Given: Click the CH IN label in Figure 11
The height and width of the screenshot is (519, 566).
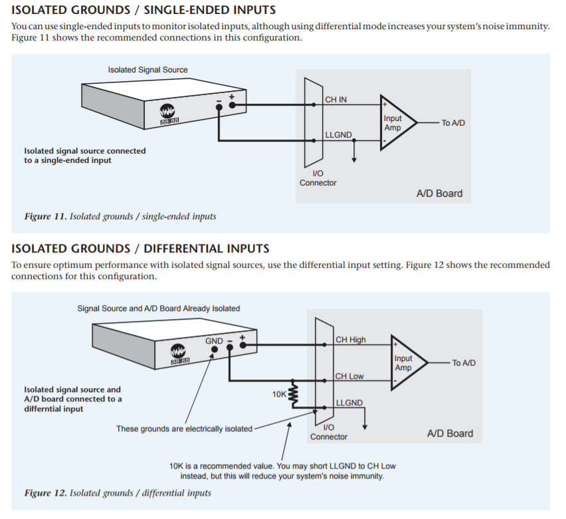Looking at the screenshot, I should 335,100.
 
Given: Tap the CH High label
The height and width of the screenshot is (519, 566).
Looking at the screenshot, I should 351,340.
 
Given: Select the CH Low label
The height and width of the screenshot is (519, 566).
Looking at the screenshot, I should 349,376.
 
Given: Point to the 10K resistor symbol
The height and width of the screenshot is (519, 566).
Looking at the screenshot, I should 291,394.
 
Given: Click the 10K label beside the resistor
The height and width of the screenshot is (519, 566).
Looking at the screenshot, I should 279,394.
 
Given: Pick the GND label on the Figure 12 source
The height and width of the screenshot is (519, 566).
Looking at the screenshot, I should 214,341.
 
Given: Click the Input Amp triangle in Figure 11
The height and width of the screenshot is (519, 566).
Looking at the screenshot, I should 397,122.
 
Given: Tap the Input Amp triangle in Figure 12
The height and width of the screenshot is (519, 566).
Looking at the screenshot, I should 407,362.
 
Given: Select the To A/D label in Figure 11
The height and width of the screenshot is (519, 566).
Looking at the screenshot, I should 453,123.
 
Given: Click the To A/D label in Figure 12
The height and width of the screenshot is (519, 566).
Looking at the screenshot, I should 464,363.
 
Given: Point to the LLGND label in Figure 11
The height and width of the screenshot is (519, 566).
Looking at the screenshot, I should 338,135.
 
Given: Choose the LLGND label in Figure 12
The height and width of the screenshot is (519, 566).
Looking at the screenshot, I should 349,403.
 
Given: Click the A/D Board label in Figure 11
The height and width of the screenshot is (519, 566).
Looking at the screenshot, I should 439,194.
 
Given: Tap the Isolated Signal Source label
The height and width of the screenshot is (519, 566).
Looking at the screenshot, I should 147,70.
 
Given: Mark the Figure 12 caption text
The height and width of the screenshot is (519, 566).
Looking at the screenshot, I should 118,493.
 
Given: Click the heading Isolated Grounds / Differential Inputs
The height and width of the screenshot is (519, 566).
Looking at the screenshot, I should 140,249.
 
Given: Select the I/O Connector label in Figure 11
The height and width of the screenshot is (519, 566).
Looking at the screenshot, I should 318,178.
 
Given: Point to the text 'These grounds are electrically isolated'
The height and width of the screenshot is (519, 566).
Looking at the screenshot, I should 184,429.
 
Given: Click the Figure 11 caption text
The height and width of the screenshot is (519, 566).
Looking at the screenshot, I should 120,217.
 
